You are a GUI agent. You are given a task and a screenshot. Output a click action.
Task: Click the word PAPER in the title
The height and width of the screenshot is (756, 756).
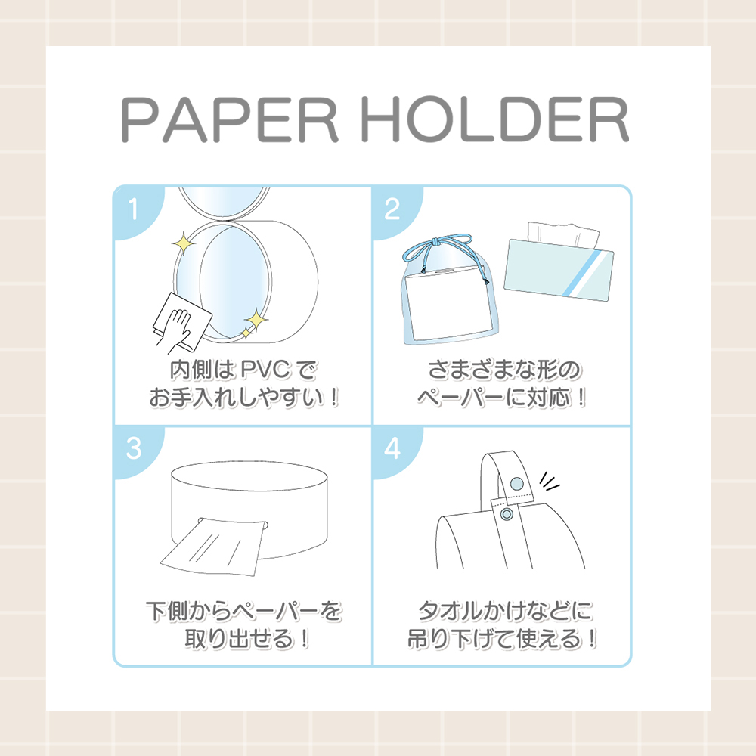point(230,119)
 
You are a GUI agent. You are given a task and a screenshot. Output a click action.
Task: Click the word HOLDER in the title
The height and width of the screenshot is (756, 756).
point(494,119)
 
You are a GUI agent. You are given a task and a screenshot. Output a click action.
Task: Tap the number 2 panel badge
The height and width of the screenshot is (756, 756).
point(393,210)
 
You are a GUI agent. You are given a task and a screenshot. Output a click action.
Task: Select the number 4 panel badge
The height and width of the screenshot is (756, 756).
point(393,449)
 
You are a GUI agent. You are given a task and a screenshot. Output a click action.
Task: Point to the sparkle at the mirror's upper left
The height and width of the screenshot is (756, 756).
point(184,243)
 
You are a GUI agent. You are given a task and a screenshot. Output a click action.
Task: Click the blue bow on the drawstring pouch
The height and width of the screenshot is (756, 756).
point(436,247)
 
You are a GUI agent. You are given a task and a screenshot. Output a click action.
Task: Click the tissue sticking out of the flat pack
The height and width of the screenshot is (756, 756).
point(563,234)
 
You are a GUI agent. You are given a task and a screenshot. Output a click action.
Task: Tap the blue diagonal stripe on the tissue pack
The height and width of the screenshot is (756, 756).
point(581,274)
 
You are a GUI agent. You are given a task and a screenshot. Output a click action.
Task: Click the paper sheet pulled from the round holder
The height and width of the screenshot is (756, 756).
point(213,547)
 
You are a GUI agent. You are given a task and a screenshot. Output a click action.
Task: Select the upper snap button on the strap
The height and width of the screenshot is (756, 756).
point(516,483)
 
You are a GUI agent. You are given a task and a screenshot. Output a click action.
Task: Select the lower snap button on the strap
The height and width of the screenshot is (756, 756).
point(507,514)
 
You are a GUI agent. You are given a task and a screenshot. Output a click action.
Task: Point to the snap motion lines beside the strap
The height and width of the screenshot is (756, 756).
point(549,481)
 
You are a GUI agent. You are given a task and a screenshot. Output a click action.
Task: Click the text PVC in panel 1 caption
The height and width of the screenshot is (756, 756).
point(265,370)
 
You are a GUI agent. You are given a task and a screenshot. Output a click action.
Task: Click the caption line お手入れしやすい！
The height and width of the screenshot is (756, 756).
point(244,398)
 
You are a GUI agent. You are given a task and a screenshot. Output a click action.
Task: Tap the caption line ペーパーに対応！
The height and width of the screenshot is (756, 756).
point(502,398)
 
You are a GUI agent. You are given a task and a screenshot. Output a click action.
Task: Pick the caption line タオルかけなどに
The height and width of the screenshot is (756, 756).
point(505,611)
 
